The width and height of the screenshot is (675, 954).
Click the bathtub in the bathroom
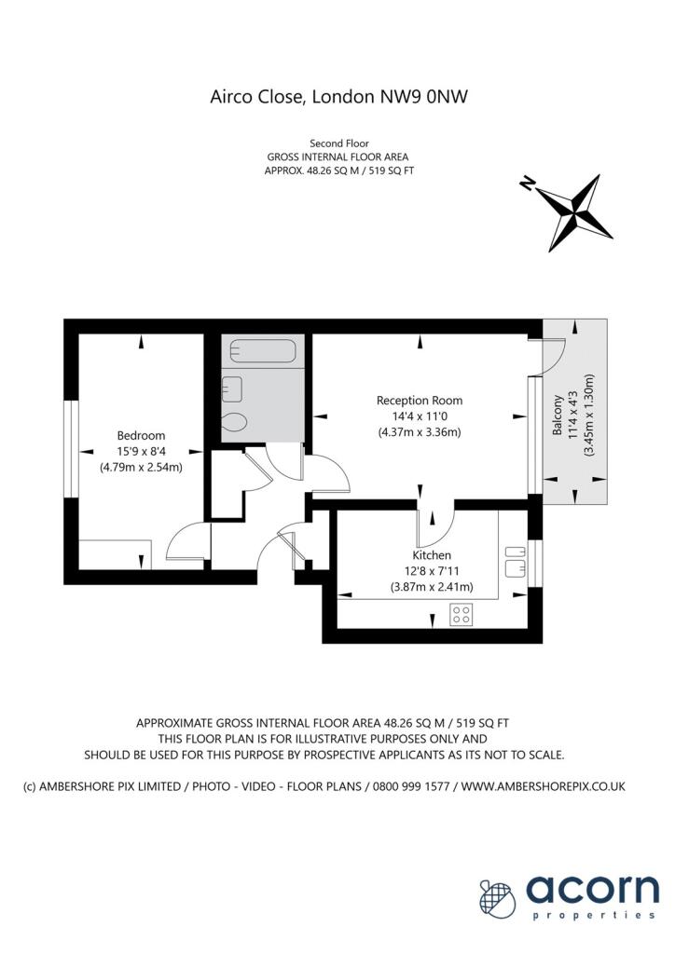tap(263, 352)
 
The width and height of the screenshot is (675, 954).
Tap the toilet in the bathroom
tap(235, 422)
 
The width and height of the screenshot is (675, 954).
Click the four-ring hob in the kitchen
tap(461, 614)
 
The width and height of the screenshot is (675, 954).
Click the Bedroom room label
tap(141, 435)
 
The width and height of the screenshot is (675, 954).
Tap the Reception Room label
tap(419, 401)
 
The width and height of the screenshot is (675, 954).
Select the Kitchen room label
tap(432, 555)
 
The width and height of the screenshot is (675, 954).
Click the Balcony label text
tap(558, 416)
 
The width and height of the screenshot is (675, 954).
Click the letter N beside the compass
tap(528, 184)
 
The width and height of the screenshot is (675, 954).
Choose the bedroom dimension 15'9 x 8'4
tap(141, 451)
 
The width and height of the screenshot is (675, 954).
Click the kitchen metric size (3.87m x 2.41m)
tap(432, 587)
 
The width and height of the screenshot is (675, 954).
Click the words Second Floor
tap(337, 144)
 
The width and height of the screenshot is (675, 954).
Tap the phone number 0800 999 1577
tap(411, 787)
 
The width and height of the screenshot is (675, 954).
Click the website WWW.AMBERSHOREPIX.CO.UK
tap(544, 787)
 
